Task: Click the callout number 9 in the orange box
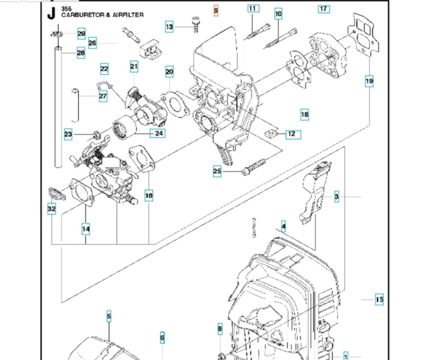click(215, 11)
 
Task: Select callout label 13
click(170, 26)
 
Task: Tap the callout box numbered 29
click(82, 34)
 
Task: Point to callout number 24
click(158, 133)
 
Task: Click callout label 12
click(293, 135)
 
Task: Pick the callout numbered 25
click(217, 171)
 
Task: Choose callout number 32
click(52, 209)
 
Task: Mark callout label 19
click(370, 81)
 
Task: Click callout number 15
click(379, 300)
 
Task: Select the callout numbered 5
click(109, 316)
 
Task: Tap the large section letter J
click(51, 13)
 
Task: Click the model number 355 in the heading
click(66, 9)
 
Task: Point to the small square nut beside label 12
click(271, 133)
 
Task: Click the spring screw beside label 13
click(196, 25)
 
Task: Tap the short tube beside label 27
click(75, 105)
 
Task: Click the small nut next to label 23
click(97, 135)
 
